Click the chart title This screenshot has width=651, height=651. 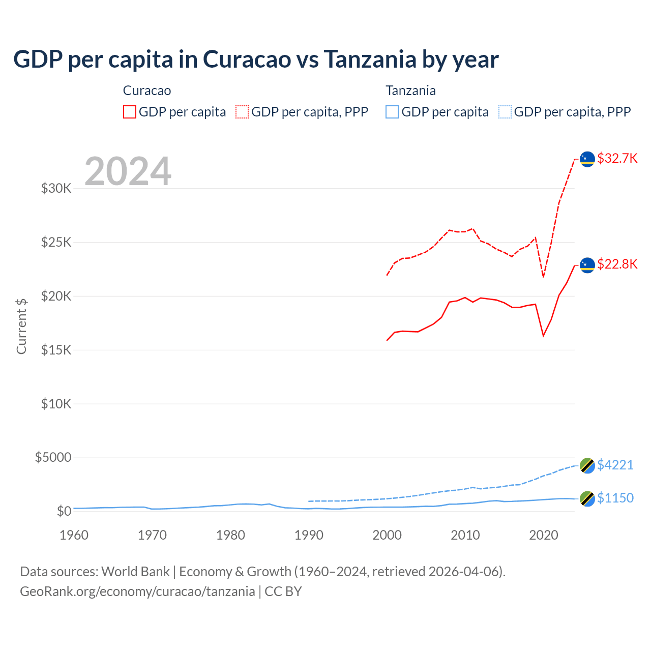256,60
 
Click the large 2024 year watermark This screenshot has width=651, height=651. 128,171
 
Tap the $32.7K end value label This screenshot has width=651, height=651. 617,158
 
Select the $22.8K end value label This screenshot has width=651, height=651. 617,264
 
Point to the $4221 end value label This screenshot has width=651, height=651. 615,465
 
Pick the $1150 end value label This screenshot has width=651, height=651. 615,498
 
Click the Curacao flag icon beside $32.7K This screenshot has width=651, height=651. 587,159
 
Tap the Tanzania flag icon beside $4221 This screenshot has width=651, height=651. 587,465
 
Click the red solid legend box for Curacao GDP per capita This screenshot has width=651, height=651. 130,112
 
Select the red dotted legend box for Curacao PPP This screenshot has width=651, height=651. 242,112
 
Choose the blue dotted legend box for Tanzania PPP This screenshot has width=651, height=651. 505,112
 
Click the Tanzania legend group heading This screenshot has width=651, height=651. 410,91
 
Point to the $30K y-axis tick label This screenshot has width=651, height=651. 56,189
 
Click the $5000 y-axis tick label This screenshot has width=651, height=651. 53,457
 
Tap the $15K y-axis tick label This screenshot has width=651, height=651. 56,350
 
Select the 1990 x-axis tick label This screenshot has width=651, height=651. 309,535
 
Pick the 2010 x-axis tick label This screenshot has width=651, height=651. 465,535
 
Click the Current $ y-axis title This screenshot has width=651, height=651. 21,326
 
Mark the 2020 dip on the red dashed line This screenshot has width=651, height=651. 543,277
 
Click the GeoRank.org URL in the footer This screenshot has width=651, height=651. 137,591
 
